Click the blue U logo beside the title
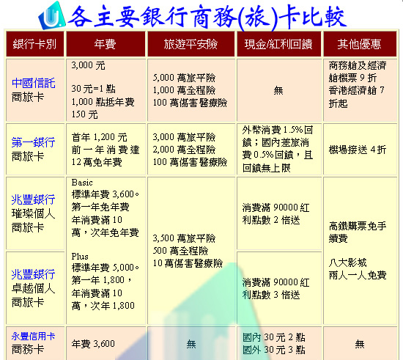(52, 15)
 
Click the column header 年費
(105, 44)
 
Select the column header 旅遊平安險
(191, 44)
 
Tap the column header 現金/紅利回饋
(278, 44)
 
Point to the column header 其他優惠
(359, 44)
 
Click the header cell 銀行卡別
(34, 44)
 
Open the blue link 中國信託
(34, 83)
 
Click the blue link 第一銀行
(34, 142)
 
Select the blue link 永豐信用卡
(34, 336)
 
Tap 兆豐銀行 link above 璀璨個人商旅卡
(34, 199)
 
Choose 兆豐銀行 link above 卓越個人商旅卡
(34, 274)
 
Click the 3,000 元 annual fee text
(89, 65)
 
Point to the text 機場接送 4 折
(358, 150)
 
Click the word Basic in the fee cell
(82, 183)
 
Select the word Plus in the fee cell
(80, 256)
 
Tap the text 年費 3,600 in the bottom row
(93, 344)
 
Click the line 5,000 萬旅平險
(184, 78)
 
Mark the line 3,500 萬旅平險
(184, 238)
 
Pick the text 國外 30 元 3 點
(274, 350)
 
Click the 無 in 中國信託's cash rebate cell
(278, 90)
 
